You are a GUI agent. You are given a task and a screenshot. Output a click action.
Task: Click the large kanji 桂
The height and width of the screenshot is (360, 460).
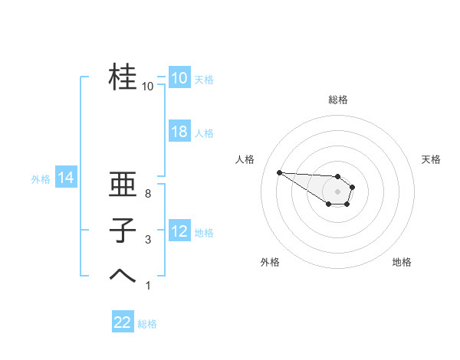[x=123, y=77]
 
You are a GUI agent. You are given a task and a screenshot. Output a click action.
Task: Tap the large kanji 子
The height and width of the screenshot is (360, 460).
[x=123, y=231]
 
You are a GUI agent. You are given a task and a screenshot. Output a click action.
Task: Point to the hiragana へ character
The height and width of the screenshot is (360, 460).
[x=123, y=276]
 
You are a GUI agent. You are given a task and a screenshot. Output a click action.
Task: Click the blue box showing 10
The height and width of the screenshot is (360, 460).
[x=179, y=78]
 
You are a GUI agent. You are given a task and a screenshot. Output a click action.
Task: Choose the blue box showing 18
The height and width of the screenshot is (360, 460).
[x=179, y=132]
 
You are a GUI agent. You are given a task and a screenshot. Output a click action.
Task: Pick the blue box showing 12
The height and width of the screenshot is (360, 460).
[x=179, y=231]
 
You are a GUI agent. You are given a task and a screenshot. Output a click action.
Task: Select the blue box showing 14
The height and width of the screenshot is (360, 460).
[x=65, y=178]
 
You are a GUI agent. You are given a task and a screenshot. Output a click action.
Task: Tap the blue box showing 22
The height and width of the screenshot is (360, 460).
[x=123, y=322]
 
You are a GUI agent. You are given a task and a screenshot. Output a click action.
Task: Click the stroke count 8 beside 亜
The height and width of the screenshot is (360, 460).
[x=147, y=194]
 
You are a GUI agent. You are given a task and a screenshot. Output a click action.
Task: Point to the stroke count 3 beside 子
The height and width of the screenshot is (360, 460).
[x=147, y=240]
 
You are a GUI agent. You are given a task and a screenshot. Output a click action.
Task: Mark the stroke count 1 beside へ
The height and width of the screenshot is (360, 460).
[x=147, y=286]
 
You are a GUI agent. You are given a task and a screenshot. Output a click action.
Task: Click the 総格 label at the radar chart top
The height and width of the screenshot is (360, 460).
[x=338, y=100]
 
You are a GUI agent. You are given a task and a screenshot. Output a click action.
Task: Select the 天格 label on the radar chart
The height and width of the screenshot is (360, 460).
[x=431, y=159]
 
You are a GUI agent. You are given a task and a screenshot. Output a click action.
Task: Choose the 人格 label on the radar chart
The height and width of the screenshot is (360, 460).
[x=245, y=159]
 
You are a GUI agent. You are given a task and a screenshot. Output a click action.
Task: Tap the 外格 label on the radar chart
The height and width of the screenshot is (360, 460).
[x=270, y=262]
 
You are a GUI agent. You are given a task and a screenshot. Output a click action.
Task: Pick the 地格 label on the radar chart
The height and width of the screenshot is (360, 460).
[x=402, y=262]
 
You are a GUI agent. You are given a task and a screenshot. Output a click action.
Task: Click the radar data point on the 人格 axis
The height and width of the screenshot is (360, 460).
[x=279, y=172]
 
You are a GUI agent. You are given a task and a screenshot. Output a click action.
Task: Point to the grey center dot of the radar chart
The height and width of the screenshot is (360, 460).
[x=338, y=191]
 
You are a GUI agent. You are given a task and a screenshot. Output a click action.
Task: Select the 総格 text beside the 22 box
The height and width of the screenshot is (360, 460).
[x=147, y=323]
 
